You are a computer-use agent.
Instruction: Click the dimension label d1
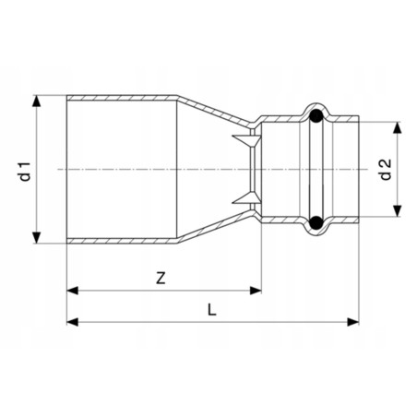click(25, 170)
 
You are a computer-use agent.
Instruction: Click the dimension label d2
click(386, 169)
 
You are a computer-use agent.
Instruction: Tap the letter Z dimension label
click(161, 278)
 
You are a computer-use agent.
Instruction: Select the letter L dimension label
click(211, 310)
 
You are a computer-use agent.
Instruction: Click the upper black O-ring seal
click(316, 116)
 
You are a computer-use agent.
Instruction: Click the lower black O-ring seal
click(316, 222)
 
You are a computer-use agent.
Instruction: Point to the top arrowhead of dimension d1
click(37, 101)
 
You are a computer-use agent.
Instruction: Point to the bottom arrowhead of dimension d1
click(37, 237)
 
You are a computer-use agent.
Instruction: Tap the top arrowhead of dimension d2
click(398, 127)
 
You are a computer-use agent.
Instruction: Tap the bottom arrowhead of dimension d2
click(398, 211)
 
